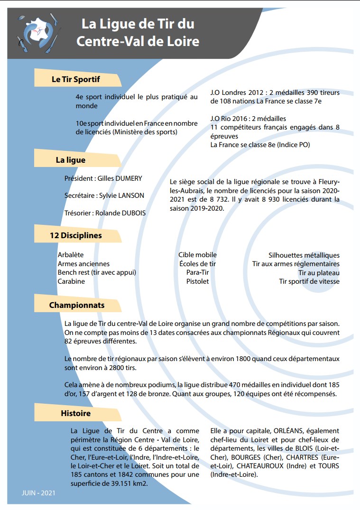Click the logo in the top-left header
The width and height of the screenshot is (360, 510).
pos(37,33)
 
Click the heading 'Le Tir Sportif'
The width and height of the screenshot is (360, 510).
pos(76,79)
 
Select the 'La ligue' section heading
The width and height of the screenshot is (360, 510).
pos(71,160)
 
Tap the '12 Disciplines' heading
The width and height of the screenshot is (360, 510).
pos(76,235)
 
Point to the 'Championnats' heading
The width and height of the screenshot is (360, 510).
pos(77,305)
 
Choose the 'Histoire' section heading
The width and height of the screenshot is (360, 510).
pos(75,413)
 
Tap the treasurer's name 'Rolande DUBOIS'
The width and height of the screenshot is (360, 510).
pos(120,213)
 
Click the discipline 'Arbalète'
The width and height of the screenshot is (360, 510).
pos(71,255)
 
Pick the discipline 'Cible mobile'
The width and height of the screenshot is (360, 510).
pos(197,255)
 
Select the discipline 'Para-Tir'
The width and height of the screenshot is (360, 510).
pos(197,272)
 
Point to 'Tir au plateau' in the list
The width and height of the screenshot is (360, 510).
pos(319,272)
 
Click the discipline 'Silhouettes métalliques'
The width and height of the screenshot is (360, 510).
pos(304,255)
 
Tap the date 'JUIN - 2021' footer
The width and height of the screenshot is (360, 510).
pos(38,493)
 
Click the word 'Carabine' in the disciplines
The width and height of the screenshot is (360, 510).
pos(71,281)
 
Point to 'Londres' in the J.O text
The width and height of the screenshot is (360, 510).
pos(236,93)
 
